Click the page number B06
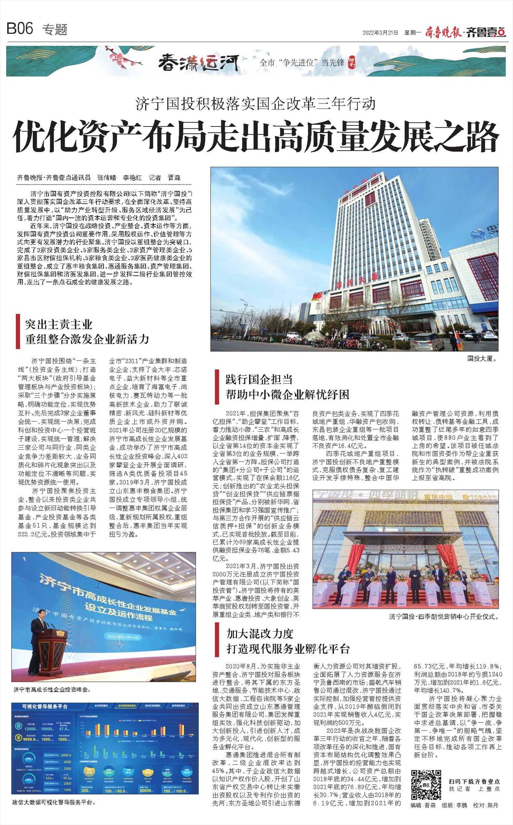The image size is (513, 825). [x=20, y=29]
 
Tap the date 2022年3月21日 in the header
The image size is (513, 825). [x=380, y=33]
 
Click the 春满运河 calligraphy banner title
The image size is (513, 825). [x=198, y=63]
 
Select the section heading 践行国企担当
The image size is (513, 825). [x=259, y=379]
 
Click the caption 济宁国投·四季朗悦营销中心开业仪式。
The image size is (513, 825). [x=444, y=617]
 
